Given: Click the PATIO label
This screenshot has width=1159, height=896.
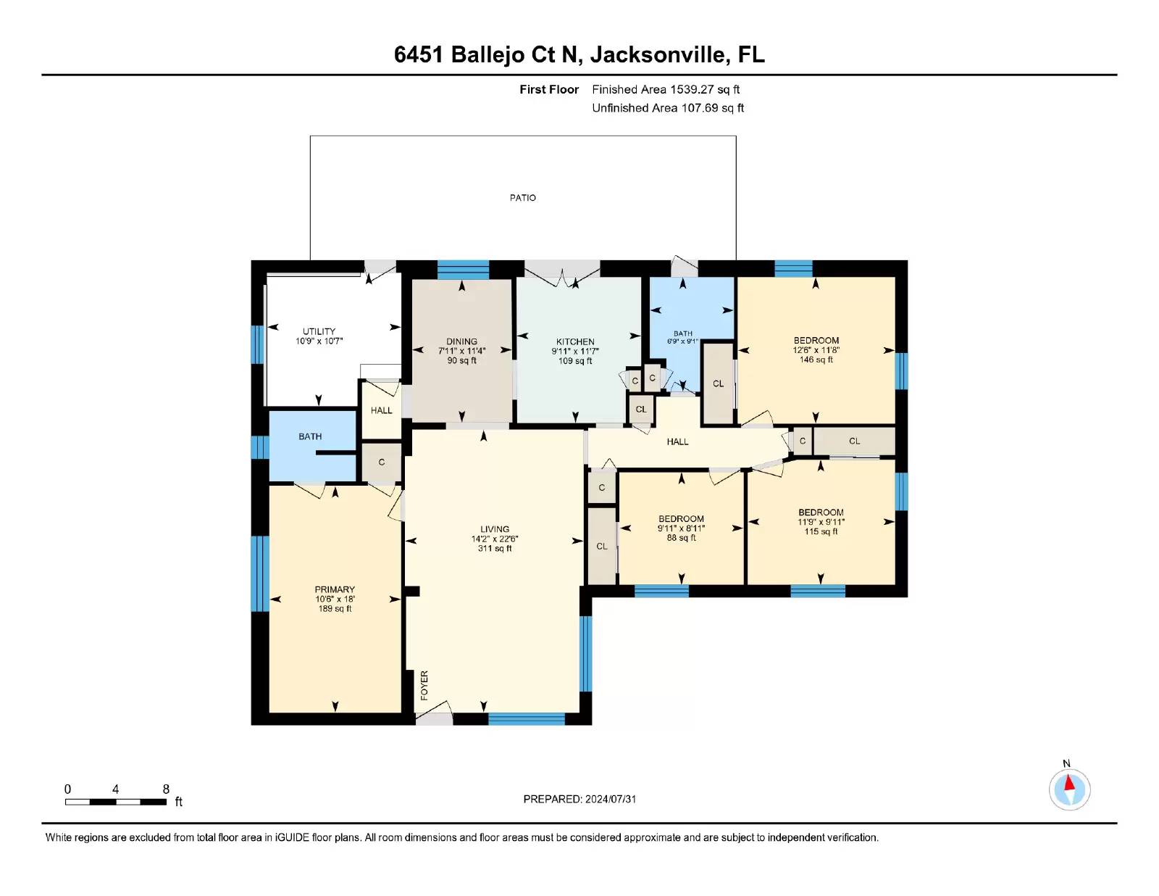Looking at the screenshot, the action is pos(522,198).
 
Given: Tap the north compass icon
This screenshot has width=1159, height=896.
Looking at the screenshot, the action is pos(1069,788).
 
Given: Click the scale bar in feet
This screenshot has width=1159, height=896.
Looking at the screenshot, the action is pos(116,802).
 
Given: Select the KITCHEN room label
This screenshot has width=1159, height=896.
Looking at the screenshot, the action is pos(575,341).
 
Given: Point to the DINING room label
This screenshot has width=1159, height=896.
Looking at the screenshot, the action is pos(462,341).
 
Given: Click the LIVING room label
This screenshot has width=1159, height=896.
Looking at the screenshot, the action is pos(495,529).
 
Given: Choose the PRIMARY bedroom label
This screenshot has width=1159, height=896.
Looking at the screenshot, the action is pos(335,589).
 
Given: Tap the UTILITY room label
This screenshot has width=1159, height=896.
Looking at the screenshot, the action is pos(319,331).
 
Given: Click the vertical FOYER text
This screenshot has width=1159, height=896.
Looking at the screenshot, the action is pos(424,685).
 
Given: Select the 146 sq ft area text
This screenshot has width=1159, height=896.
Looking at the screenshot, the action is pos(816,360).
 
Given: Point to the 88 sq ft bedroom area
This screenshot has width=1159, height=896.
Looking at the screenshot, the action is pos(681,538).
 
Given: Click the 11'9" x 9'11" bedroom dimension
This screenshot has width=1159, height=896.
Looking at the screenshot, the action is pos(821,522).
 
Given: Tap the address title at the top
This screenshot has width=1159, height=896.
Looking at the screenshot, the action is pos(579,54).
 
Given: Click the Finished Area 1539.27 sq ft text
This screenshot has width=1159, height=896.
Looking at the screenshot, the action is pos(666,90).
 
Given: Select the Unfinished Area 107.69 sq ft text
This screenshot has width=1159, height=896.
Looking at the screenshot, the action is pos(668,108).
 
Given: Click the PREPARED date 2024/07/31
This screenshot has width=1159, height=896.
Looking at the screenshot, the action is pos(579,799).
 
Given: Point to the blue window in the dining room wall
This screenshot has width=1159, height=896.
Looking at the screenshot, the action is pos(463,270).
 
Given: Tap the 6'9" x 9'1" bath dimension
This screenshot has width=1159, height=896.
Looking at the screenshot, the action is pos(682,341).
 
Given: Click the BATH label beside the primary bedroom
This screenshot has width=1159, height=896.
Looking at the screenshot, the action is pos(310,436).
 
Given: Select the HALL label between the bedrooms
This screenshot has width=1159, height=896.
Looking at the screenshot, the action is pos(677,442).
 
